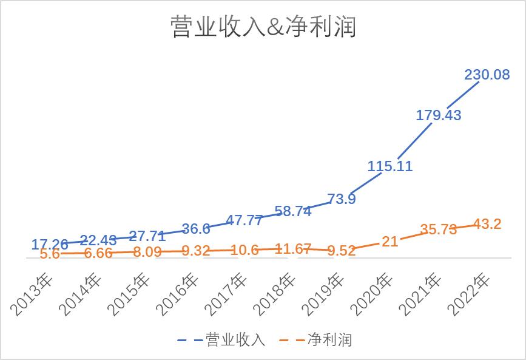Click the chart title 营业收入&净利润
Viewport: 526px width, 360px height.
(x=263, y=27)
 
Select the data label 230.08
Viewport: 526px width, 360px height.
(x=487, y=75)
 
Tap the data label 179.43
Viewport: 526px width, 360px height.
(x=438, y=115)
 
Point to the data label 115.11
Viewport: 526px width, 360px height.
(x=390, y=166)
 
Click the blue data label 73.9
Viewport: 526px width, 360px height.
(x=342, y=199)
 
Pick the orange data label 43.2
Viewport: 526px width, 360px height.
(x=487, y=224)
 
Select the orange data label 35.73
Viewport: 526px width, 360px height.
(x=438, y=229)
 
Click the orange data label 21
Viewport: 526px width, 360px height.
(x=390, y=241)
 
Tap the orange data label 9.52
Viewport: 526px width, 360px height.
(x=342, y=250)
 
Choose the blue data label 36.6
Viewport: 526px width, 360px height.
(x=196, y=229)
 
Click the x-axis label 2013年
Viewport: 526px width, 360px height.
(x=33, y=294)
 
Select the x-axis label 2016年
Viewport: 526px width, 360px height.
(x=178, y=294)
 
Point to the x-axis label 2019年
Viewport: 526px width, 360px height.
(x=324, y=294)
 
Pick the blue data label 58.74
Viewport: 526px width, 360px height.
(x=293, y=211)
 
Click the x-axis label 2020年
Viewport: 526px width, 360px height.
(x=373, y=294)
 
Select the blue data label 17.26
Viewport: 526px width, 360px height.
(x=50, y=245)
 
